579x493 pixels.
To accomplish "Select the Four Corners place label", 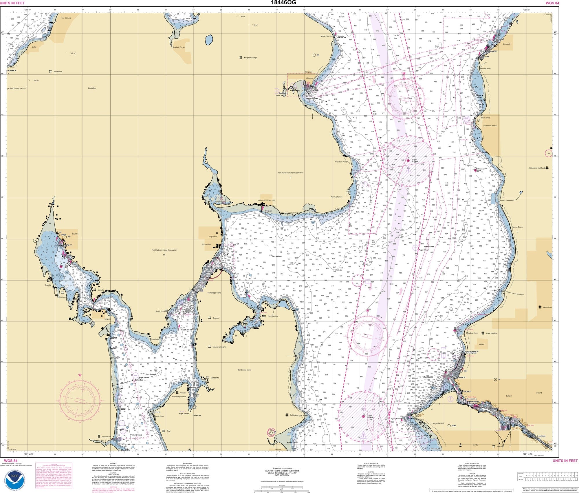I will pos(65,18).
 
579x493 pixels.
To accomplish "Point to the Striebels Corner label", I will pos(179,47).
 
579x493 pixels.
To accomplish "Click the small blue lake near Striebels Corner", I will pos(208,40).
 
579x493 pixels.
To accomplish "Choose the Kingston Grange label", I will pos(250,58).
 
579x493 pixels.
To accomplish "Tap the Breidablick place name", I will pos(58,72).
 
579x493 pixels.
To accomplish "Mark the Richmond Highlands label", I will pos(537,168).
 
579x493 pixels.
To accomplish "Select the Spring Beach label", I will pos(517,227).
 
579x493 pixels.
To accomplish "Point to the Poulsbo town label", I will pos(75,234).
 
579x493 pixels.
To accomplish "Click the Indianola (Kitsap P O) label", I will pos(266,200).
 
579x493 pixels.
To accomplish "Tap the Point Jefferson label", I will pos(336,197).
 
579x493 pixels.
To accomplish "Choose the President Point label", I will pos(340,162).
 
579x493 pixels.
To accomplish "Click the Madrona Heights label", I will pos(219,347).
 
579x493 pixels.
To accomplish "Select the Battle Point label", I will pos(159,416).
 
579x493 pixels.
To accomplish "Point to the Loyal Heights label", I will pos(491,333).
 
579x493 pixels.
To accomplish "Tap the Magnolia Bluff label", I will pos(438,423).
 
